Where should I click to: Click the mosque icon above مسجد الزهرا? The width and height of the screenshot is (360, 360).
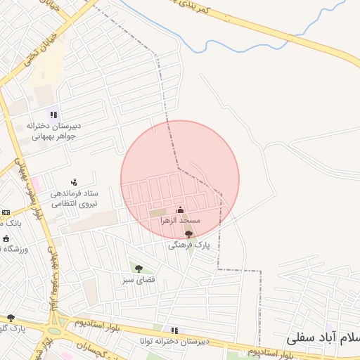pos(180,210)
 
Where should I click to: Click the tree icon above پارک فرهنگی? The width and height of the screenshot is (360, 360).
pos(188,234)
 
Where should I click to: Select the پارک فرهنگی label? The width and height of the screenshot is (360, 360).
pos(185,246)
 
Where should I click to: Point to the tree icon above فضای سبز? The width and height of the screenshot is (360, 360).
pos(139,268)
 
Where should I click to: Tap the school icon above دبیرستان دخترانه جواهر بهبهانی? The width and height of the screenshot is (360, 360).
pos(53,115)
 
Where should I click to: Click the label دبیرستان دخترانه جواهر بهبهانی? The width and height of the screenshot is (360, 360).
pos(53,131)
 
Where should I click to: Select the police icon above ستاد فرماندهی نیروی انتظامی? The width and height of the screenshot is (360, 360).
pos(74,182)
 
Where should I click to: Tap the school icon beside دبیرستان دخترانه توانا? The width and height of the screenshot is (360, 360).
pos(174,330)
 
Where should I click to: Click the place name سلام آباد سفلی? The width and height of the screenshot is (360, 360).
pos(323,338)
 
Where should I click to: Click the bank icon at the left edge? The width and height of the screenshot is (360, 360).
pos(6,212)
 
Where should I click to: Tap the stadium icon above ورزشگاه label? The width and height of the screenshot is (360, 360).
pos(6,238)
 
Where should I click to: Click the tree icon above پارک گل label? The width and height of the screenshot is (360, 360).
pos(10,318)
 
